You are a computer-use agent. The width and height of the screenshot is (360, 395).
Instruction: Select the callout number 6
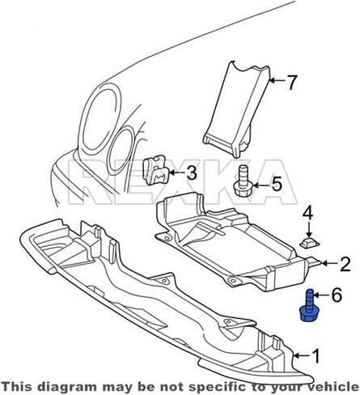(337, 295)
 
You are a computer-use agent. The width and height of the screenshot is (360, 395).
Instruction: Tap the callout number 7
(292, 82)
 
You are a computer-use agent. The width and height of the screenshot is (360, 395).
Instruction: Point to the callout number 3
(192, 173)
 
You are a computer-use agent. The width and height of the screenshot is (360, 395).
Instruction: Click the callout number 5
(277, 184)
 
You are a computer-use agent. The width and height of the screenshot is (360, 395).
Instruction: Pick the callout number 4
(308, 213)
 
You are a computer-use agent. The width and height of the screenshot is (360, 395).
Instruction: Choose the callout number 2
(345, 264)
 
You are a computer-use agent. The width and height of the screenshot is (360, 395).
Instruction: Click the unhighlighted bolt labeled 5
(241, 181)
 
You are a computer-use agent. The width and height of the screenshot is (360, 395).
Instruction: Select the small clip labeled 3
(156, 170)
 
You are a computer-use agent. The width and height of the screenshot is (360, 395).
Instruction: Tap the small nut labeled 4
(309, 243)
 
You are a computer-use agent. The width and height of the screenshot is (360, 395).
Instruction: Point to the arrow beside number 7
(277, 80)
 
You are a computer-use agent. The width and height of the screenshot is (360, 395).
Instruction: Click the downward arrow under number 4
(309, 228)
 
